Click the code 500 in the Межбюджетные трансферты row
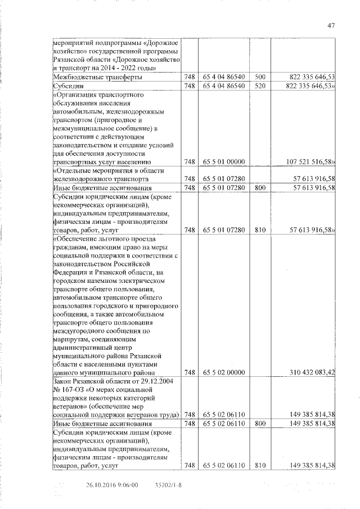pyautogui.click(x=259, y=76)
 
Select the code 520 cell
pyautogui.click(x=259, y=85)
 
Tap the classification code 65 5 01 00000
pyautogui.click(x=224, y=161)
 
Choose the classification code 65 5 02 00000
pyautogui.click(x=224, y=372)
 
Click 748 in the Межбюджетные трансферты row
pyautogui.click(x=190, y=76)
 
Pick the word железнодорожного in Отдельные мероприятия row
pyautogui.click(x=84, y=178)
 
